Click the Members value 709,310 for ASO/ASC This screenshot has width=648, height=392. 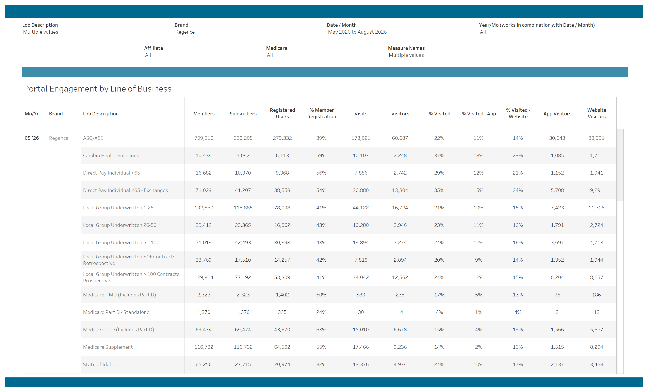(204, 138)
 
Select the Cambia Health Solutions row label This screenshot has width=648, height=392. (111, 155)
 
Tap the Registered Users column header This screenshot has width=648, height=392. (282, 113)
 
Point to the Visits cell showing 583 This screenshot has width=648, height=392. (361, 295)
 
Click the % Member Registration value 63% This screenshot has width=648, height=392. (321, 329)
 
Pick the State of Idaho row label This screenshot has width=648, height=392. (99, 364)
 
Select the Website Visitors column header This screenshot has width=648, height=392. (596, 113)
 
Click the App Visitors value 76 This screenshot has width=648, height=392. (557, 295)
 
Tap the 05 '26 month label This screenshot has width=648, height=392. (32, 138)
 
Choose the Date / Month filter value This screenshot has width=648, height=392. (357, 32)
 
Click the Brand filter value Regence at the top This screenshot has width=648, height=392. (185, 32)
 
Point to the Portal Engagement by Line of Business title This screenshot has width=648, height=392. (98, 89)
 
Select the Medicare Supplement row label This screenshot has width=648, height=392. (108, 347)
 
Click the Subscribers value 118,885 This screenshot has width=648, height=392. (243, 208)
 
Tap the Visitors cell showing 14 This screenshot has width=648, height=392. (400, 312)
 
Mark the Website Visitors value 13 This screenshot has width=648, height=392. (596, 312)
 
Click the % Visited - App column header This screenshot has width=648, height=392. (479, 114)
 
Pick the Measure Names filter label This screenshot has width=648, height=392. (406, 48)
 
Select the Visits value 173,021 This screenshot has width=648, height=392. (361, 138)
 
